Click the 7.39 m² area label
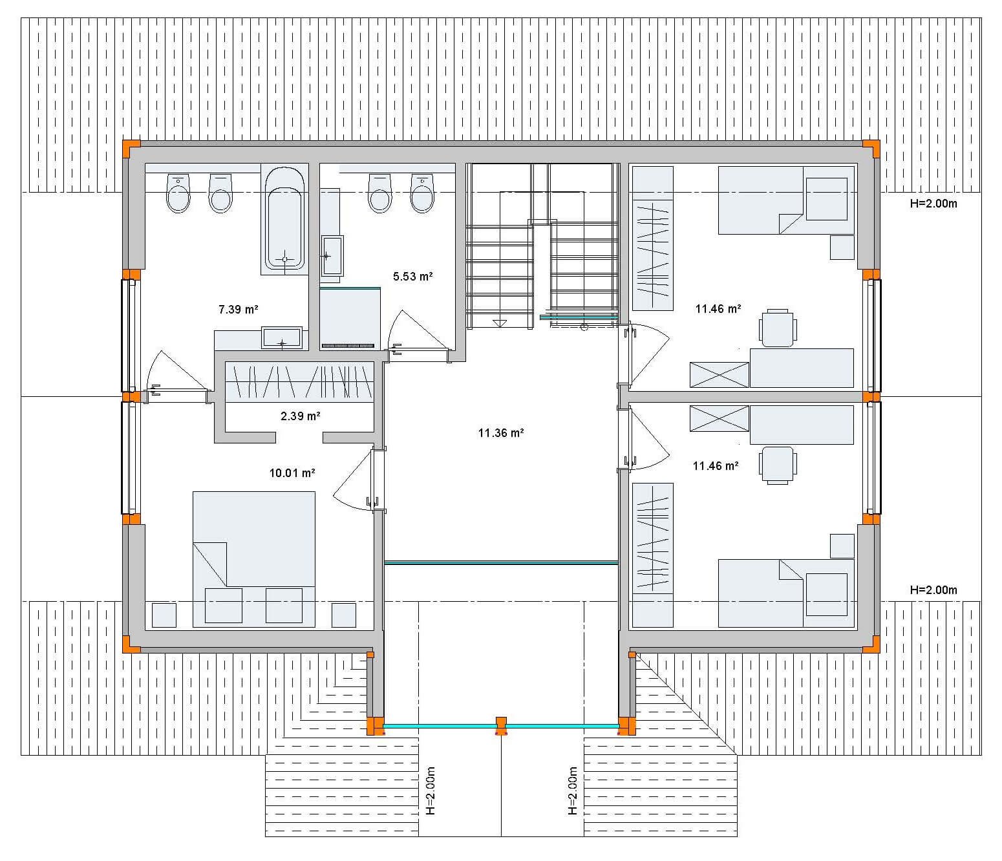coord(238,309)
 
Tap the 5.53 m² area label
coord(412,277)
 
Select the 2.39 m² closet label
coord(300,416)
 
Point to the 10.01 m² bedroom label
coord(292,473)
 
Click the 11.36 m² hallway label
coord(501,433)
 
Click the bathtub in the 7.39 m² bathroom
coord(284,218)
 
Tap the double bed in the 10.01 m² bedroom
coord(254,560)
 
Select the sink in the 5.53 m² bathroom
coord(332,255)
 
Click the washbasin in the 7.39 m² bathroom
coord(282,337)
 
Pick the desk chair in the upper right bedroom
coord(778,328)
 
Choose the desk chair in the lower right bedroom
coord(778,465)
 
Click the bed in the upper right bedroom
coord(786,200)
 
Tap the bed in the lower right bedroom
coord(786,593)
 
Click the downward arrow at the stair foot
coord(499,323)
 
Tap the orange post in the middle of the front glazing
coord(501,727)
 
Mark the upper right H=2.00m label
coord(933,204)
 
